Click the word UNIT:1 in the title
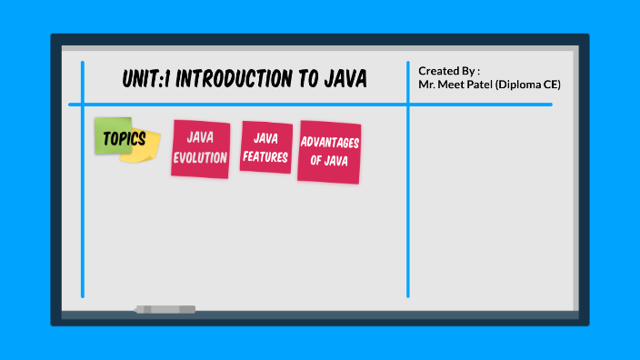tap(145, 80)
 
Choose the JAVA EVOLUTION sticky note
tap(200, 148)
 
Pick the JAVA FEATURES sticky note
tap(265, 147)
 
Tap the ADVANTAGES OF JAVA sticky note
tap(329, 152)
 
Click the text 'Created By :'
tap(449, 71)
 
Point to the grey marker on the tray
tap(165, 310)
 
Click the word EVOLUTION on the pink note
tap(200, 157)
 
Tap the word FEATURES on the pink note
tap(265, 156)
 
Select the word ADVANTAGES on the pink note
tap(329, 144)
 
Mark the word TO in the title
tap(305, 80)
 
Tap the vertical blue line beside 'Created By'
tap(408, 200)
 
